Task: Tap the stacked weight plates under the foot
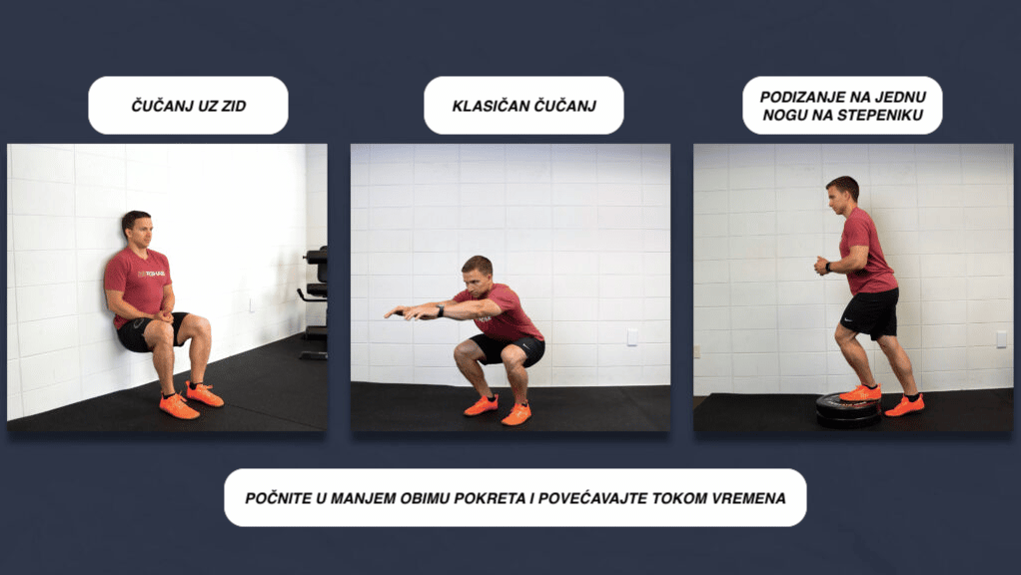848,409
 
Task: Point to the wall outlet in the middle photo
631,337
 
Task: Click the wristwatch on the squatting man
441,310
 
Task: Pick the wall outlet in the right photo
1001,338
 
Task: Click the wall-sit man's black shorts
140,333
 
